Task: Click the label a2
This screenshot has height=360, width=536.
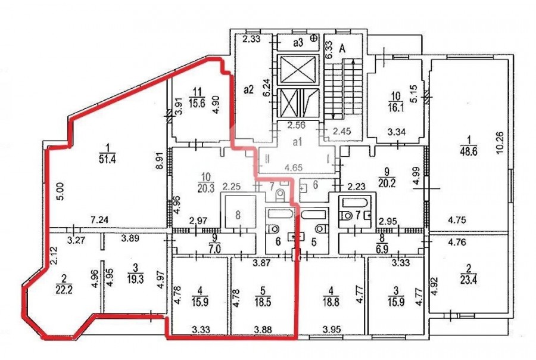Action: click(x=248, y=89)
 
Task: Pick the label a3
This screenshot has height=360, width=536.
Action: click(x=298, y=43)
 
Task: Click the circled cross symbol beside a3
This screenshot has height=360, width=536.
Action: click(x=313, y=38)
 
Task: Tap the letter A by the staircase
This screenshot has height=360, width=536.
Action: click(x=342, y=49)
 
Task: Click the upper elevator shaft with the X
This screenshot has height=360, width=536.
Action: click(x=297, y=69)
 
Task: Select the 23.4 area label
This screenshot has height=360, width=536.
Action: click(x=468, y=281)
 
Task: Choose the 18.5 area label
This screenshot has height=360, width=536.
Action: click(x=263, y=303)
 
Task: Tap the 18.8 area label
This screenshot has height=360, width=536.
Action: click(x=331, y=303)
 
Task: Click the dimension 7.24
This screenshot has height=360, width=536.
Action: click(x=99, y=220)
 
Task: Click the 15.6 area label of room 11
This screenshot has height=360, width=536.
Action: click(x=197, y=103)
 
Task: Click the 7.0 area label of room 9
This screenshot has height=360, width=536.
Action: click(x=214, y=249)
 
